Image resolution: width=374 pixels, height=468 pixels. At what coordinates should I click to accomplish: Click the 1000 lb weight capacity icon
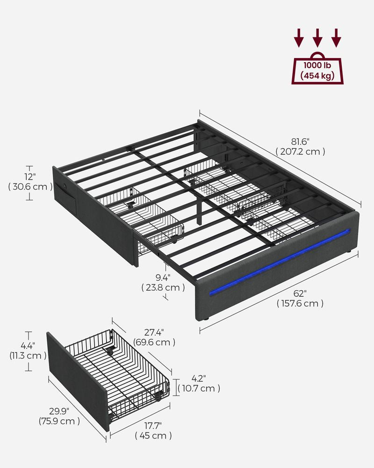[x=317, y=70]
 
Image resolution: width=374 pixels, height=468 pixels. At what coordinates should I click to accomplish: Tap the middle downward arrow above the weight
[x=317, y=37]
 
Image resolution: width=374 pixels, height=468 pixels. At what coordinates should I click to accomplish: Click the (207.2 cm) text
[x=300, y=152]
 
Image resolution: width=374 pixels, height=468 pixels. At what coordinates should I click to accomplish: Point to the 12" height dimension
[x=30, y=176]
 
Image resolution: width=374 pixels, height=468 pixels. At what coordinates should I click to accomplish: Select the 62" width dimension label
[x=300, y=293]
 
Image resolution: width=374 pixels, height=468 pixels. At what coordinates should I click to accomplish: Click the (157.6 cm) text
[x=300, y=304]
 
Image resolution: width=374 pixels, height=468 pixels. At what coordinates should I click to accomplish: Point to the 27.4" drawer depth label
[x=154, y=332]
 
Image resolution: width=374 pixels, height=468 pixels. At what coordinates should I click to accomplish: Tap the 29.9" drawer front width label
[x=59, y=411]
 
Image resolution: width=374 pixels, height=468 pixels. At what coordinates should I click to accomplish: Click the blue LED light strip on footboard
[x=280, y=262]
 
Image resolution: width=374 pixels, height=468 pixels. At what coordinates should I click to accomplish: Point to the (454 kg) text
[x=317, y=75]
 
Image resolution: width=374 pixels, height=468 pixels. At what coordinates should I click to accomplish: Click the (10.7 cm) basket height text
[x=198, y=388]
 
